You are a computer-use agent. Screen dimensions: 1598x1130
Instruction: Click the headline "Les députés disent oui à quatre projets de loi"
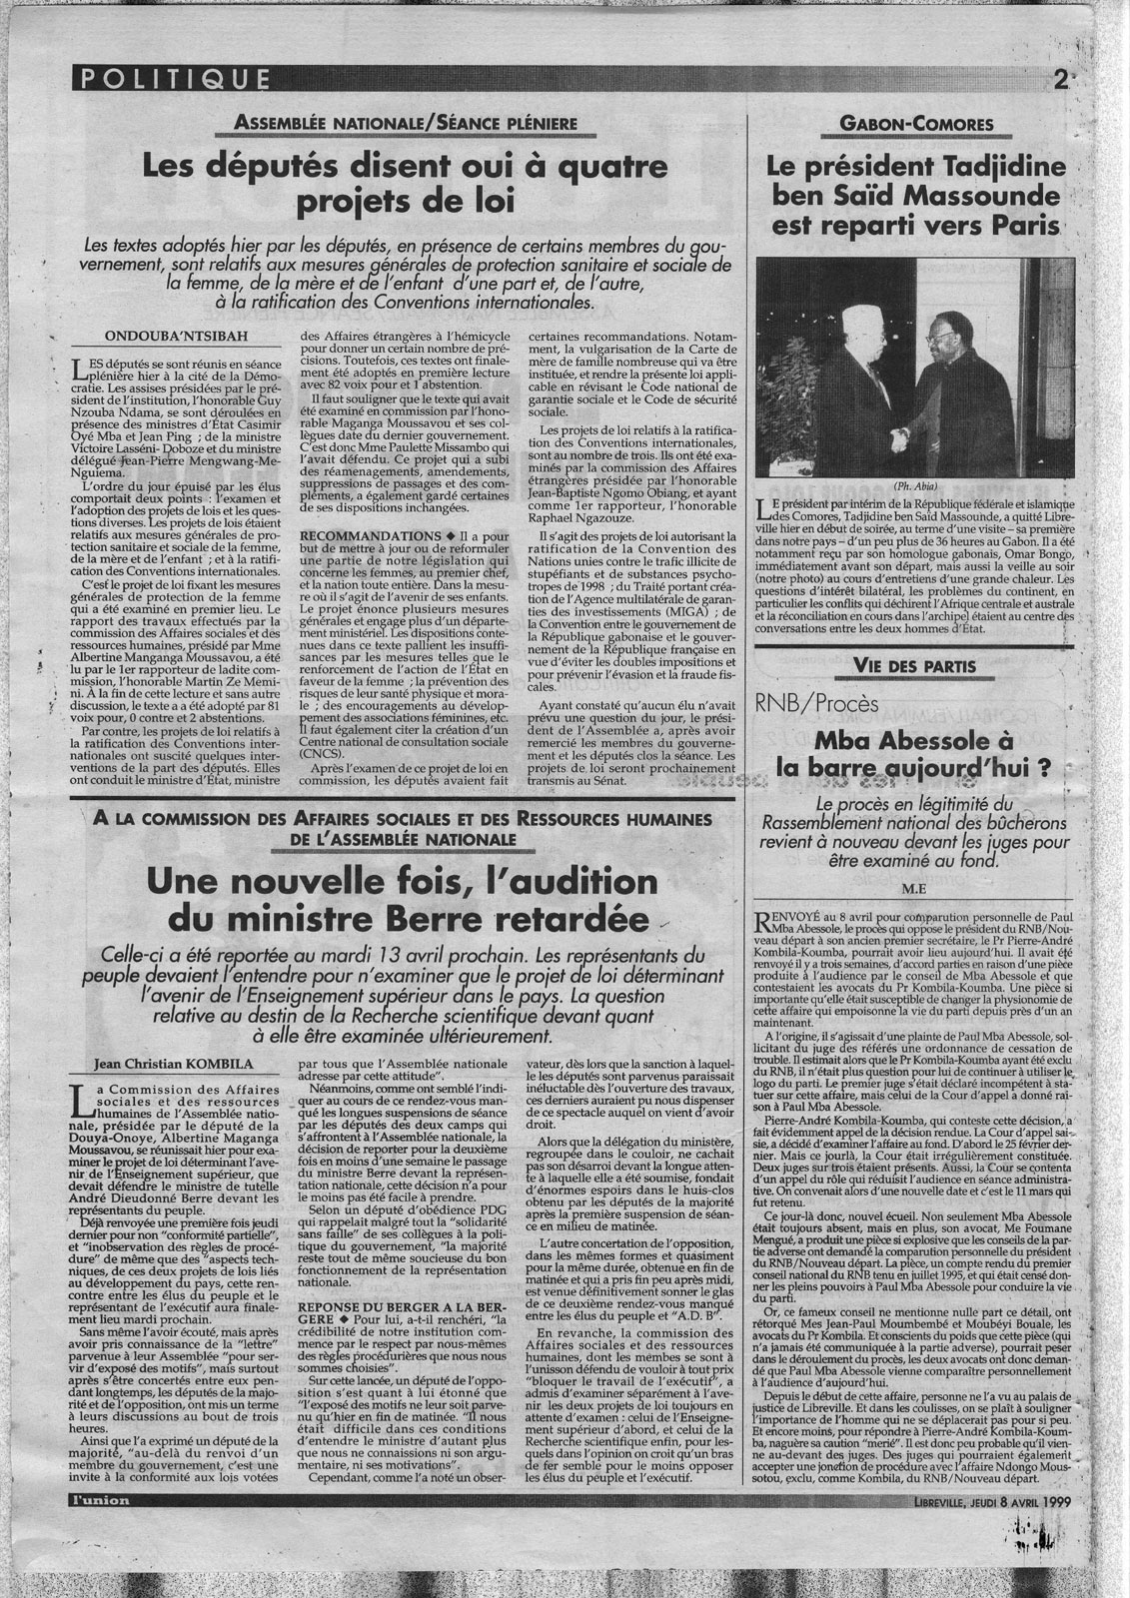tap(405, 185)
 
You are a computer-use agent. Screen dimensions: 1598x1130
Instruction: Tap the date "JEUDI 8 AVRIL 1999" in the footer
tap(1005, 1556)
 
